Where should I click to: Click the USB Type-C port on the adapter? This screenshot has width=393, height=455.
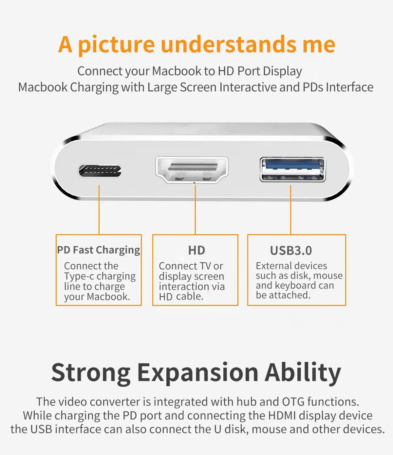pyautogui.click(x=100, y=171)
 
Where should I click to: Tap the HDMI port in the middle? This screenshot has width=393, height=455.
pyautogui.click(x=192, y=170)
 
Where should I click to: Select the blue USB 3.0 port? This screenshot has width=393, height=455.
pyautogui.click(x=292, y=169)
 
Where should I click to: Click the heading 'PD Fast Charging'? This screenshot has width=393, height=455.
pyautogui.click(x=98, y=250)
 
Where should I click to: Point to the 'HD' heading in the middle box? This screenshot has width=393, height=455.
pyautogui.click(x=196, y=250)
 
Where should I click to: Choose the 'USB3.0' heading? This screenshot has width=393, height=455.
pyautogui.click(x=291, y=251)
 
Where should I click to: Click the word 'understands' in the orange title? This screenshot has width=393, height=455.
pyautogui.click(x=229, y=44)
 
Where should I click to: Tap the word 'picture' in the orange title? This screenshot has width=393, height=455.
pyautogui.click(x=117, y=45)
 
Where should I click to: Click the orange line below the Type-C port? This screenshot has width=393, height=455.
pyautogui.click(x=99, y=210)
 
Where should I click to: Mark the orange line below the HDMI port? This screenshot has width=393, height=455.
pyautogui.click(x=195, y=210)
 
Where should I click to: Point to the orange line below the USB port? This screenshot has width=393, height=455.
pyautogui.click(x=291, y=210)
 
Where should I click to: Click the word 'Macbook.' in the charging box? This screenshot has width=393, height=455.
pyautogui.click(x=108, y=297)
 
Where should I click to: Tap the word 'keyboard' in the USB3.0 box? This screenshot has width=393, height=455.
pyautogui.click(x=295, y=286)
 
